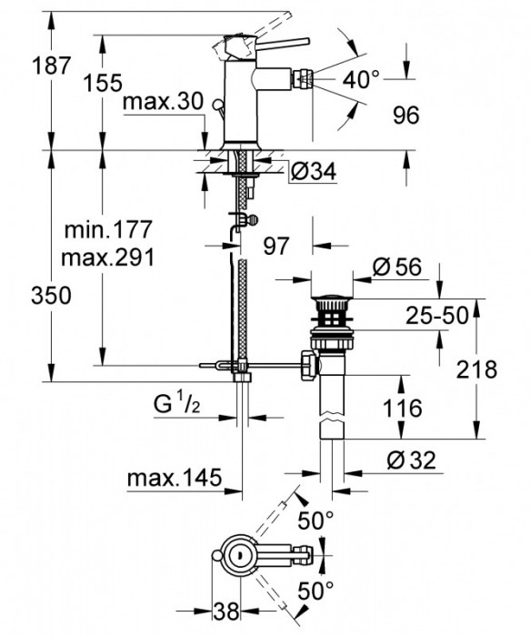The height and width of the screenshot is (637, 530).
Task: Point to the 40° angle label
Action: pyautogui.click(x=361, y=80)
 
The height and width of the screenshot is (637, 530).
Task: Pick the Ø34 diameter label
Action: pyautogui.click(x=311, y=169)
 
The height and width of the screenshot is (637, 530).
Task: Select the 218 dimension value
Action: pyautogui.click(x=477, y=369)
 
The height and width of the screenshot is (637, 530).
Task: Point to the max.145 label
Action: pyautogui.click(x=172, y=478)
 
